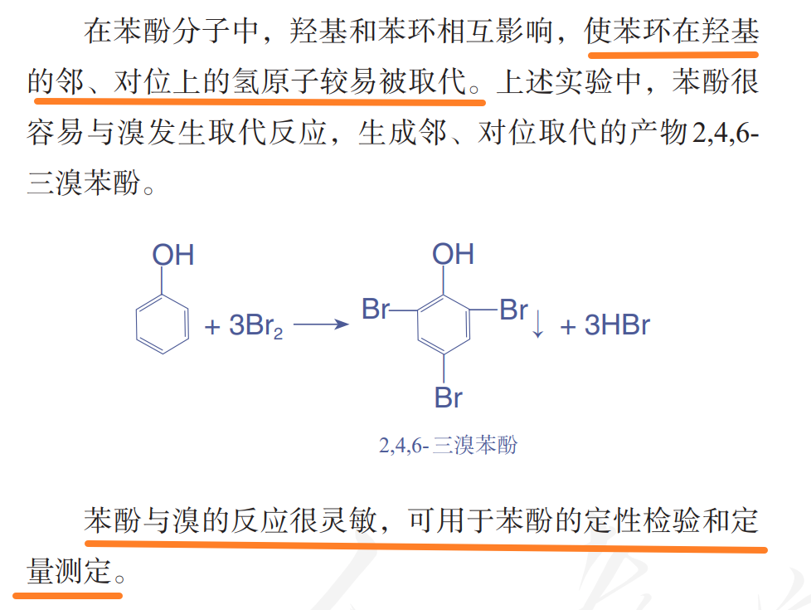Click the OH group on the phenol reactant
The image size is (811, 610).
(173, 255)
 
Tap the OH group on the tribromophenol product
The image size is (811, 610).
(453, 254)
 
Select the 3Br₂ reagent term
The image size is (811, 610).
(256, 325)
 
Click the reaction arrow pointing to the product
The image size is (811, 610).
(321, 325)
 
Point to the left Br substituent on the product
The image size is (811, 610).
(376, 309)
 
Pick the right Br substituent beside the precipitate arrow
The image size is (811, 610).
(513, 310)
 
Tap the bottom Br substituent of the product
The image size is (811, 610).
(449, 398)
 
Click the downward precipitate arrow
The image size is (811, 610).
(538, 325)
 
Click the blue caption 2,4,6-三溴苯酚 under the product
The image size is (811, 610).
(448, 445)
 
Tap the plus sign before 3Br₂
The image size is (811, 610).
(212, 327)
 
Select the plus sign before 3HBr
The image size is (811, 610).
(568, 327)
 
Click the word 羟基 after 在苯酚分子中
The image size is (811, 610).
(318, 31)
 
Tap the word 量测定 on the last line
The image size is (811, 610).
(70, 571)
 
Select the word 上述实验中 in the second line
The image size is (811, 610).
(569, 81)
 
